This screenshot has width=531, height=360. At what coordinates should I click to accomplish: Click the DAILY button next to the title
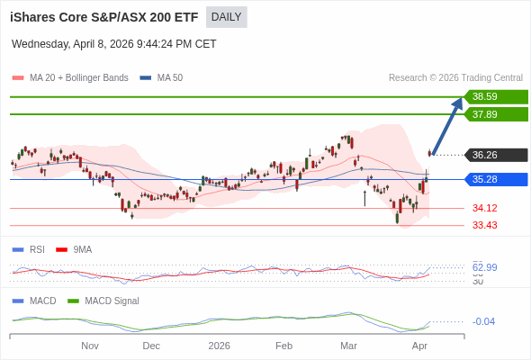pyautogui.click(x=226, y=17)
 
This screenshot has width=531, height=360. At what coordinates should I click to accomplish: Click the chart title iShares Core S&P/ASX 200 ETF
pyautogui.click(x=104, y=17)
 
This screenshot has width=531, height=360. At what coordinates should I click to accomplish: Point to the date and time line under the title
pyautogui.click(x=114, y=44)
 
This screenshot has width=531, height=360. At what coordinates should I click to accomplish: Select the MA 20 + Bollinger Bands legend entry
pyautogui.click(x=71, y=78)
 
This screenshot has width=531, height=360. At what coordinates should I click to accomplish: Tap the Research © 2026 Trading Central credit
pyautogui.click(x=455, y=78)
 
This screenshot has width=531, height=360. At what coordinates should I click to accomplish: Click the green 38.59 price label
pyautogui.click(x=495, y=96)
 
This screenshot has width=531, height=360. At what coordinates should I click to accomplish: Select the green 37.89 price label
pyautogui.click(x=495, y=114)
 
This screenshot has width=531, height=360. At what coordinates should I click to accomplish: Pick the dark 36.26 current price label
pyautogui.click(x=495, y=155)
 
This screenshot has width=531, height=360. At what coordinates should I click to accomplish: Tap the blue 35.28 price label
pyautogui.click(x=495, y=179)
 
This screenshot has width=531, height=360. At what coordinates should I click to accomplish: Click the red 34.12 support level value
pyautogui.click(x=485, y=208)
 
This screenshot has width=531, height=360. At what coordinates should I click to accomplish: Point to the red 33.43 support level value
pyautogui.click(x=485, y=225)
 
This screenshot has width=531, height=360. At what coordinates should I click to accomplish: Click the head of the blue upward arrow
pyautogui.click(x=459, y=102)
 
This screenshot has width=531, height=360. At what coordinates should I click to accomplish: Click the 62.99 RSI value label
pyautogui.click(x=485, y=267)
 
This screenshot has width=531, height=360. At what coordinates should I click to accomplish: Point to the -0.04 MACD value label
pyautogui.click(x=484, y=321)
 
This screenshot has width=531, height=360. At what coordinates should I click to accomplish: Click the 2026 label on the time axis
pyautogui.click(x=219, y=346)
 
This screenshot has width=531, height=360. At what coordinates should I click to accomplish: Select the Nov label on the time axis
pyautogui.click(x=90, y=346)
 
